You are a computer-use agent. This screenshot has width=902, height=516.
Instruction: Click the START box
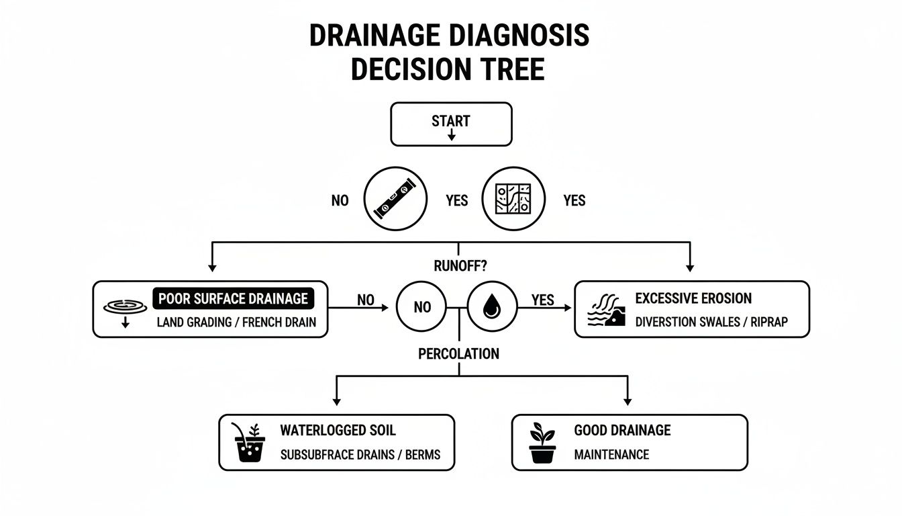pyautogui.click(x=451, y=124)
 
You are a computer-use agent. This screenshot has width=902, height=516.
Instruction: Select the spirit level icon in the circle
pyautogui.click(x=395, y=200)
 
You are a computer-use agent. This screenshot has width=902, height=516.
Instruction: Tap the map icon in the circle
pyautogui.click(x=512, y=200)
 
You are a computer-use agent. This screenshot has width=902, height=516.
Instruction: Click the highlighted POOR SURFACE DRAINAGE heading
pyautogui.click(x=232, y=298)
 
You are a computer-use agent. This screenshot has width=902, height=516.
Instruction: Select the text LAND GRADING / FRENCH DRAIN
pyautogui.click(x=236, y=322)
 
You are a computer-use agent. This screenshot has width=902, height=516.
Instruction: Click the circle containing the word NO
pyautogui.click(x=423, y=308)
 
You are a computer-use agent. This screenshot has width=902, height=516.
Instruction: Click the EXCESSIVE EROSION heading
pyautogui.click(x=693, y=298)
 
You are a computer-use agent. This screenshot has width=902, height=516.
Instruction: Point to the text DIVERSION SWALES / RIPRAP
pyautogui.click(x=711, y=322)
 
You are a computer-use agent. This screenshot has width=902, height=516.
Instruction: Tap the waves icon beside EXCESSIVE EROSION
pyautogui.click(x=606, y=310)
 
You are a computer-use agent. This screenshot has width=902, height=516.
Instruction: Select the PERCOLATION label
pyautogui.click(x=458, y=353)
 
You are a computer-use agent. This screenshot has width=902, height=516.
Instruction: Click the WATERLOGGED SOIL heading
pyautogui.click(x=338, y=430)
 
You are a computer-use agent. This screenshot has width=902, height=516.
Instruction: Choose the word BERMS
pyautogui.click(x=423, y=455)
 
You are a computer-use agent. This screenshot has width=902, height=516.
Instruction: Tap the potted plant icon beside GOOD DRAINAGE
pyautogui.click(x=543, y=443)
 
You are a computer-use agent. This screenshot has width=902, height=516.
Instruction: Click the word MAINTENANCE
pyautogui.click(x=611, y=455)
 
